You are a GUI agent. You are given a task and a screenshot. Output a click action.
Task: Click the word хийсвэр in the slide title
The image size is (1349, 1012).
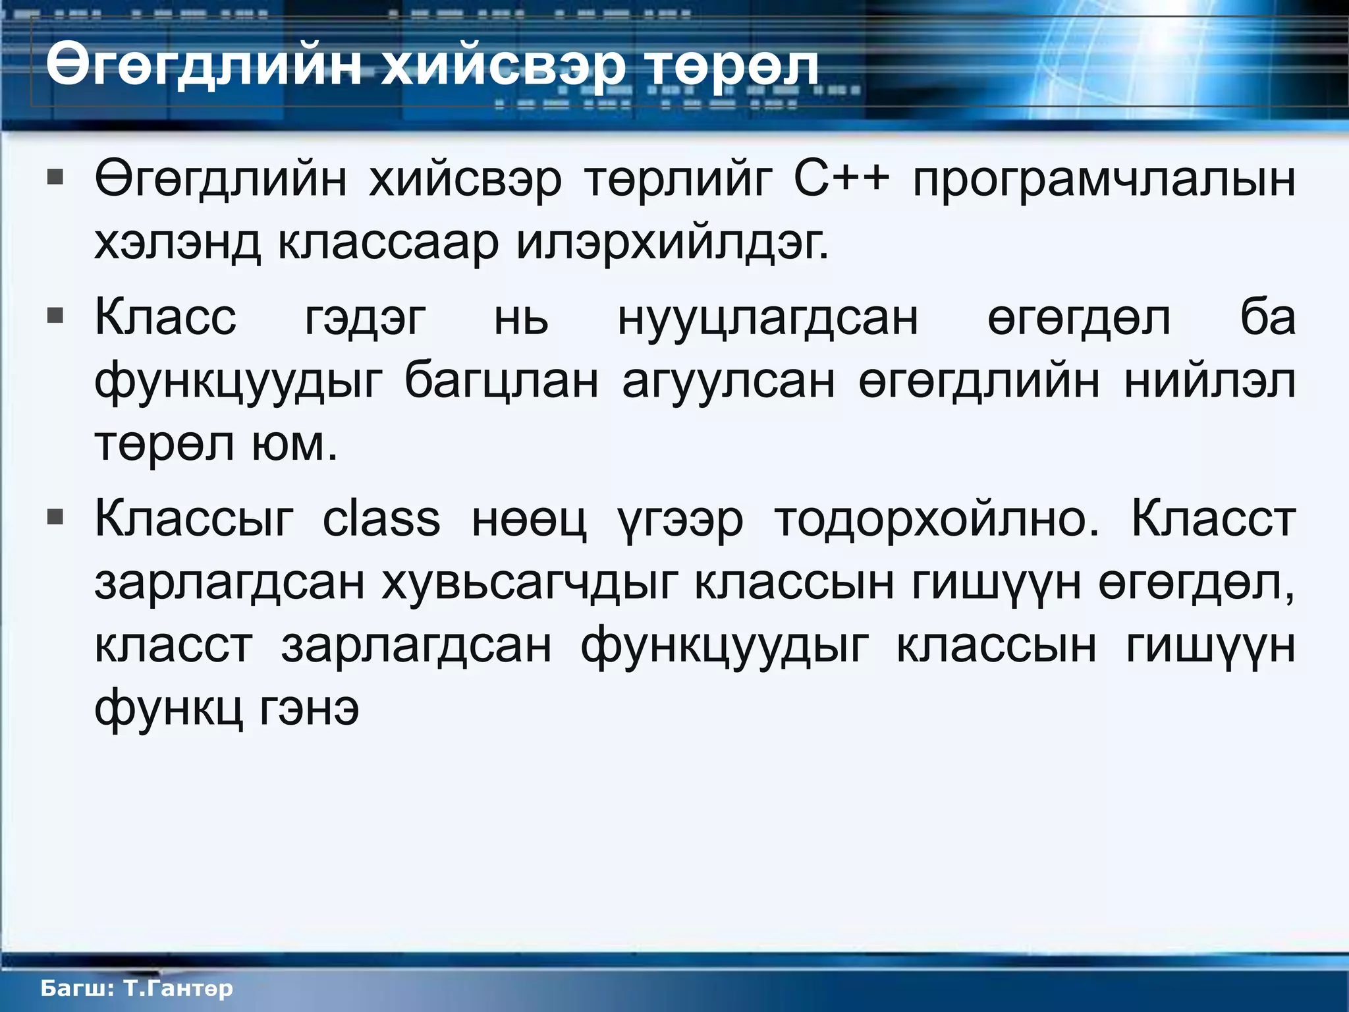click(503, 67)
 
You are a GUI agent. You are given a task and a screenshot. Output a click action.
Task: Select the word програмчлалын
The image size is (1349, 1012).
click(1104, 180)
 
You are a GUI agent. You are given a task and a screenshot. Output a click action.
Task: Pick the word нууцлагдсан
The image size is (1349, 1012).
click(767, 318)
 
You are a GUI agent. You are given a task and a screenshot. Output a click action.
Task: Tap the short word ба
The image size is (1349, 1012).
click(1268, 317)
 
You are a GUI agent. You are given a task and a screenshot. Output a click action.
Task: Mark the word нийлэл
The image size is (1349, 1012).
click(1209, 381)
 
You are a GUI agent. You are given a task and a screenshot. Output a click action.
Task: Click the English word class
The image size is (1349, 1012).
click(381, 518)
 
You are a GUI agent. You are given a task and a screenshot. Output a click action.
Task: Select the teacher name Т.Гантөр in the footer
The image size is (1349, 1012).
click(178, 988)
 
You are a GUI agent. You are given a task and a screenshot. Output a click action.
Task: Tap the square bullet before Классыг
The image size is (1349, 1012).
click(55, 517)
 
